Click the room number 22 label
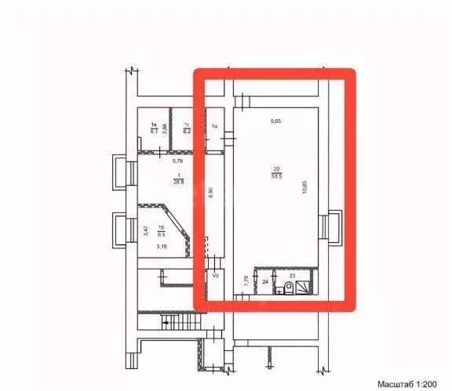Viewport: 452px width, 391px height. (276, 168)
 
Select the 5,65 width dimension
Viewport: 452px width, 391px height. (275, 121)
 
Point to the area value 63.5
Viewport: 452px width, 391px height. (276, 176)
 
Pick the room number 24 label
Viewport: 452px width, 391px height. (265, 281)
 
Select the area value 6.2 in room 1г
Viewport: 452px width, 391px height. (187, 131)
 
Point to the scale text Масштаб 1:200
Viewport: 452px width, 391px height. (409, 384)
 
